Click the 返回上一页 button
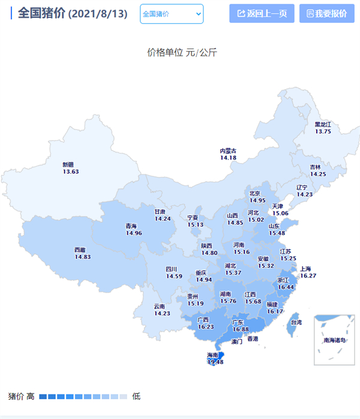click(x=261, y=13)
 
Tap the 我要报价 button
click(x=322, y=13)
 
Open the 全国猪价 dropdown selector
click(x=172, y=14)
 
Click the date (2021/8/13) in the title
click(x=98, y=14)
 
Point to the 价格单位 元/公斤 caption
click(x=182, y=52)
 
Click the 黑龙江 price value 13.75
click(x=323, y=131)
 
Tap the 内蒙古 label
click(x=228, y=151)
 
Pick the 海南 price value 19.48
click(x=215, y=362)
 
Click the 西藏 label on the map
click(x=80, y=250)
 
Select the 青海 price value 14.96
click(x=133, y=233)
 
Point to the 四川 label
click(x=172, y=269)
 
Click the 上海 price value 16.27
click(x=308, y=276)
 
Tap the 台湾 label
click(x=296, y=322)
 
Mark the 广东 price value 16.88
click(x=241, y=329)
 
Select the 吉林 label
click(x=315, y=167)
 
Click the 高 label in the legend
click(x=31, y=396)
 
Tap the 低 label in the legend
click(x=136, y=396)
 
